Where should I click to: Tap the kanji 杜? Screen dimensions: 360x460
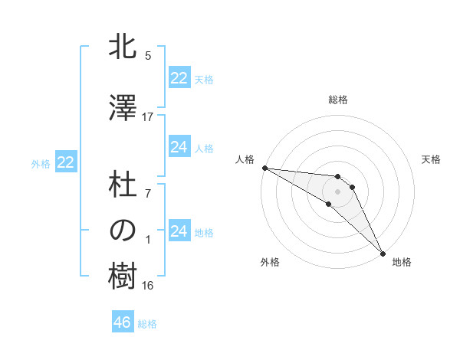123,187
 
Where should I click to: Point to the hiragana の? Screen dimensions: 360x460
123,231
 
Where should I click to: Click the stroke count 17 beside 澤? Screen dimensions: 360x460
148,117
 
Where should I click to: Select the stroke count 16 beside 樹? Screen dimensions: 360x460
148,286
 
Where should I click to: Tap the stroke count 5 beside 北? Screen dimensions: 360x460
148,56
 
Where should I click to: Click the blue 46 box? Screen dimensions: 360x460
123,322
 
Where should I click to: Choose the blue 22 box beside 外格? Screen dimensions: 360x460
66,162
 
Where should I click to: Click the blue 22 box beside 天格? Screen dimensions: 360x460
179,78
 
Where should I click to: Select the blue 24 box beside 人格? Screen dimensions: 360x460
179,147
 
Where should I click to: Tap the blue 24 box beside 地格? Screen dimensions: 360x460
179,231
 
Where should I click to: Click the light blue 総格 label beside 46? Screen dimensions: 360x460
147,324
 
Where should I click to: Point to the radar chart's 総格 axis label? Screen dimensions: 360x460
337,100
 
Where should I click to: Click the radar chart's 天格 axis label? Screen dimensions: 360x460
431,159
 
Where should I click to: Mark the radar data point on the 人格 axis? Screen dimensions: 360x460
264,168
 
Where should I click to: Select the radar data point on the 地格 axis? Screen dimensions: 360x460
383,254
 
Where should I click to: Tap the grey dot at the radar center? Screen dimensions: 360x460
337,191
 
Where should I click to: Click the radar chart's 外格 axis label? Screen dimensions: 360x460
270,262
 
